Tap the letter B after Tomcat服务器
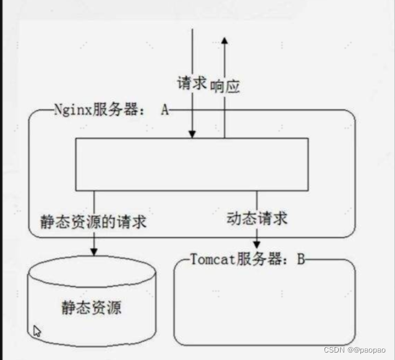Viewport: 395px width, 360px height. click(x=300, y=259)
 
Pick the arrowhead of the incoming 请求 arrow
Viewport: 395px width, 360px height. click(x=192, y=133)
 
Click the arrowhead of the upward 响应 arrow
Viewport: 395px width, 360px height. click(x=224, y=40)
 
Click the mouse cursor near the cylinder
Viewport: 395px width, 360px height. click(x=37, y=331)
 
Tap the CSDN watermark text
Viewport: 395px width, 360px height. click(x=334, y=350)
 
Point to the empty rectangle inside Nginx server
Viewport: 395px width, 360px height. click(x=191, y=164)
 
